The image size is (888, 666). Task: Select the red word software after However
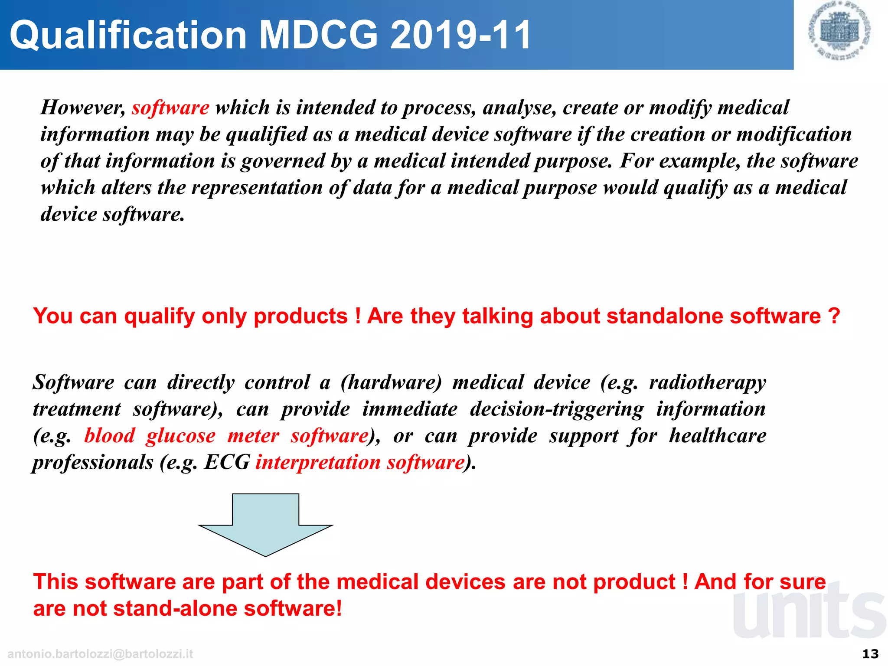coord(170,108)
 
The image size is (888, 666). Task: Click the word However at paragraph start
coord(83,108)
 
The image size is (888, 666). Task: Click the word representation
coord(257,188)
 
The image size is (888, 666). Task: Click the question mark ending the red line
coord(834,316)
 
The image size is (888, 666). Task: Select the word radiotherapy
coord(707,382)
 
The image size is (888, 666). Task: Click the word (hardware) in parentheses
coord(391,382)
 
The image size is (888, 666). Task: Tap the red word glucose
coord(180,436)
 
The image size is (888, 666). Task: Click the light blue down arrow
coord(265,525)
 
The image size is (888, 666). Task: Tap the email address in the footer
coord(100,654)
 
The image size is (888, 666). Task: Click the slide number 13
coord(870,654)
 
